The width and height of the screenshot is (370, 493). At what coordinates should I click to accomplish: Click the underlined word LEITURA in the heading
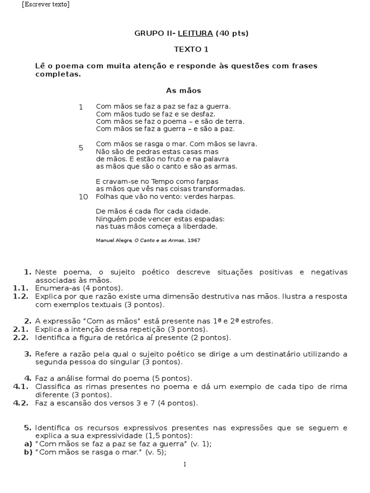click(x=196, y=33)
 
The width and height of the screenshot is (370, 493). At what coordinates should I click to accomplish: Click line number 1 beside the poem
click(x=81, y=107)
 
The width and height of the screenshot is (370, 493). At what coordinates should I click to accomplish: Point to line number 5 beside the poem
click(x=81, y=148)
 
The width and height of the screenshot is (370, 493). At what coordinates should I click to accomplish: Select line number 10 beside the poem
click(x=83, y=196)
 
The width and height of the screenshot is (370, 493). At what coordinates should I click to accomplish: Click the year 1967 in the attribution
click(x=194, y=240)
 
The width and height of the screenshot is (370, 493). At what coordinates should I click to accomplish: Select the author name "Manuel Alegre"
click(x=113, y=240)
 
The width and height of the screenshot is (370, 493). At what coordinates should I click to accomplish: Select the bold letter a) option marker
click(x=28, y=444)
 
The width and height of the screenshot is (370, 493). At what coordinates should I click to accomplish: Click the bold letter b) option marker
click(x=28, y=452)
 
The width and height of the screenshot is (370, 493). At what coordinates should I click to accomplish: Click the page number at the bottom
click(x=184, y=465)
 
